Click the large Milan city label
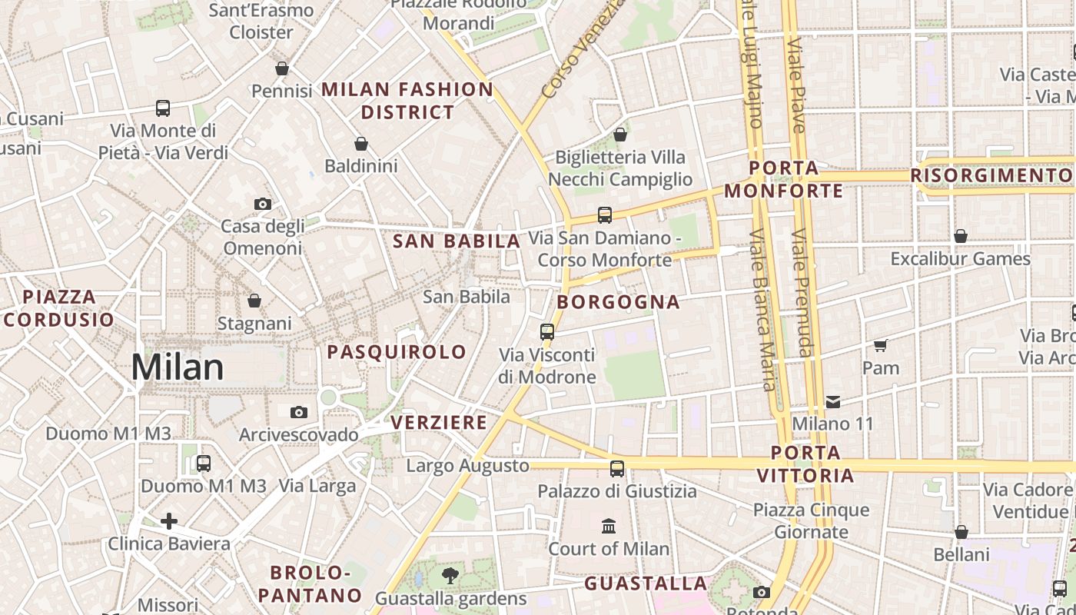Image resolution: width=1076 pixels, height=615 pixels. [x=178, y=367]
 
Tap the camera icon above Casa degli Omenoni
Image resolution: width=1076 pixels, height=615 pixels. [x=263, y=204]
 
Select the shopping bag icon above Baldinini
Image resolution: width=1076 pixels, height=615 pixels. [x=361, y=144]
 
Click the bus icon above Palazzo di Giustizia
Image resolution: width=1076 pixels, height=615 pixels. [x=617, y=468]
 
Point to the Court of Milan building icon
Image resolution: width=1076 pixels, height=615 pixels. [x=609, y=527]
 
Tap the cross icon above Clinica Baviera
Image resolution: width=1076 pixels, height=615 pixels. [x=169, y=521]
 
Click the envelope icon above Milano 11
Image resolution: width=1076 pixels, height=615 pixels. [x=833, y=401]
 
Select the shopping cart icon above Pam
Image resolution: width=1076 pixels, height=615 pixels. [x=881, y=345]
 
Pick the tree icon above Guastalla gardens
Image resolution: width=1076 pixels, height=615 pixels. [x=450, y=575]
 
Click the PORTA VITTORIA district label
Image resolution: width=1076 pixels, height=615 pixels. [x=805, y=464]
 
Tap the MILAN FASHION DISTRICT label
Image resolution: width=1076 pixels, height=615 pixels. [x=407, y=101]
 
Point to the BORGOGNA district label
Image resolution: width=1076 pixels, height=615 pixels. [x=619, y=302]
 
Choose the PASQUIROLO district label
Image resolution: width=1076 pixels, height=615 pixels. [x=397, y=352]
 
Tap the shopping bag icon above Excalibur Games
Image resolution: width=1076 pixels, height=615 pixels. [x=960, y=236]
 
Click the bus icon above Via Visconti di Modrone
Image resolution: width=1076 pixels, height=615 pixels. [x=547, y=332]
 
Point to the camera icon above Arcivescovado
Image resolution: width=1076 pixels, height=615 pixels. [x=299, y=412]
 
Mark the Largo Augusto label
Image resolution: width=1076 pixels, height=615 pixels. [x=467, y=466]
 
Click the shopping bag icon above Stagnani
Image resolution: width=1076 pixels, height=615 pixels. [x=254, y=300]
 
